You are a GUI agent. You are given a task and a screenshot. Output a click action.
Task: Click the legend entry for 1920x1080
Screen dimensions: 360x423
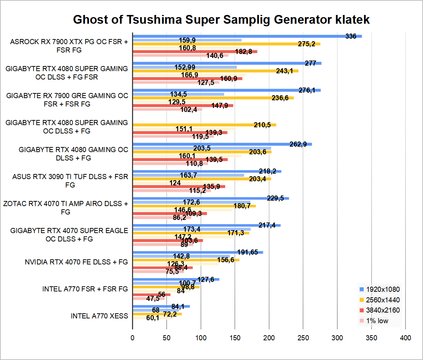(x=379, y=289)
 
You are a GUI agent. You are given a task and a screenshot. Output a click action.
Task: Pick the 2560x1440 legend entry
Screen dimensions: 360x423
(x=379, y=300)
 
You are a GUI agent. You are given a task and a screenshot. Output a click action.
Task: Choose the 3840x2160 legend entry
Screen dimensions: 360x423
(x=379, y=310)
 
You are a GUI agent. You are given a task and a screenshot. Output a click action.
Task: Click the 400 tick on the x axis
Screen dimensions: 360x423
(x=405, y=338)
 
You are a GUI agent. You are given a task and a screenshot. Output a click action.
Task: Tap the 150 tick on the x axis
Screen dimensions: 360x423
(x=235, y=338)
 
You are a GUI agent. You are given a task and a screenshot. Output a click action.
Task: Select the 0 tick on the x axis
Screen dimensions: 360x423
(x=132, y=338)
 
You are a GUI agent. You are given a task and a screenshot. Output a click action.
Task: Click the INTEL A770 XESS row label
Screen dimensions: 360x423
(x=99, y=316)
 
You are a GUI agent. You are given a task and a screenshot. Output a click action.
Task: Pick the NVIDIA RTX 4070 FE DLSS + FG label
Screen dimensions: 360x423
(x=76, y=262)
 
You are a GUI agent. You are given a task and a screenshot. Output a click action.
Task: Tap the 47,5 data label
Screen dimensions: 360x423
(x=153, y=299)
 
